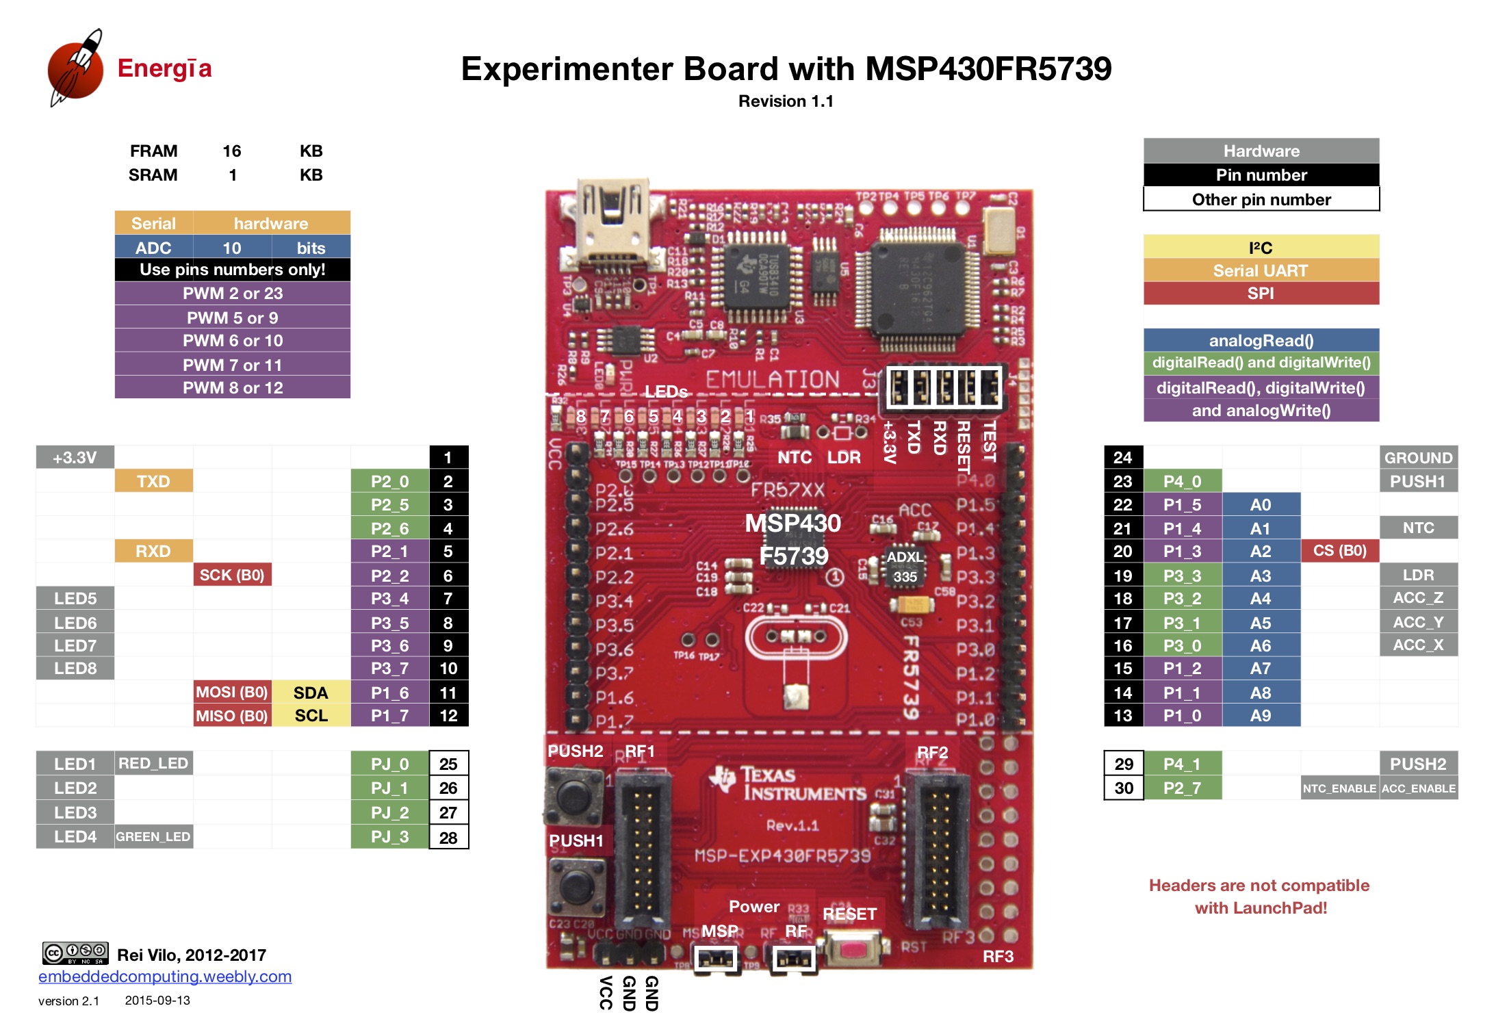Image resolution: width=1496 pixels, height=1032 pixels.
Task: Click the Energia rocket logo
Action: click(x=75, y=68)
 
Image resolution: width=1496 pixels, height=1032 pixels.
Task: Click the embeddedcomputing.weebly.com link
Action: click(x=165, y=977)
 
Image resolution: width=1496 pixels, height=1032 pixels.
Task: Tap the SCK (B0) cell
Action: click(x=232, y=575)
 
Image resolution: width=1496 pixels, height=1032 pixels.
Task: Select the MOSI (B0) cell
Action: click(x=232, y=693)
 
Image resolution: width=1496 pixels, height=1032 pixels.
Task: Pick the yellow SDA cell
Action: click(x=311, y=693)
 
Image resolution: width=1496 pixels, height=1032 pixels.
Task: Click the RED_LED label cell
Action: click(x=153, y=763)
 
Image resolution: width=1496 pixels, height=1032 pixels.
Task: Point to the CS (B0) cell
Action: click(x=1339, y=551)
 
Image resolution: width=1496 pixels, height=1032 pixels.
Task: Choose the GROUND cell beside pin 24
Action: click(x=1418, y=457)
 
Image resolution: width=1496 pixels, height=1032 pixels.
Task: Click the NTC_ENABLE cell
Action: click(x=1339, y=788)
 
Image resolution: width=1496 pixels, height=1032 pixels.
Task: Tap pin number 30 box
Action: click(x=1124, y=788)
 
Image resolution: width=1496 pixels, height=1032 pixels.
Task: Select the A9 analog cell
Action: click(x=1261, y=716)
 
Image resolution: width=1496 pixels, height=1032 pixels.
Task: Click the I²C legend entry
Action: click(x=1261, y=247)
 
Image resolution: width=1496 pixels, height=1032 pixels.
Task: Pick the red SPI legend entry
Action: click(x=1261, y=294)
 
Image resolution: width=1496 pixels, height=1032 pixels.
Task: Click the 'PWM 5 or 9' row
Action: click(x=233, y=318)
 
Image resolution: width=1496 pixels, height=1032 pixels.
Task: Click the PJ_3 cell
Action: click(x=389, y=837)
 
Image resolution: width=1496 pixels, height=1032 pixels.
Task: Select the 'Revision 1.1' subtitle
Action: click(x=786, y=101)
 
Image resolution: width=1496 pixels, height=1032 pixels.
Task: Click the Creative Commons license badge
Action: click(x=75, y=953)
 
